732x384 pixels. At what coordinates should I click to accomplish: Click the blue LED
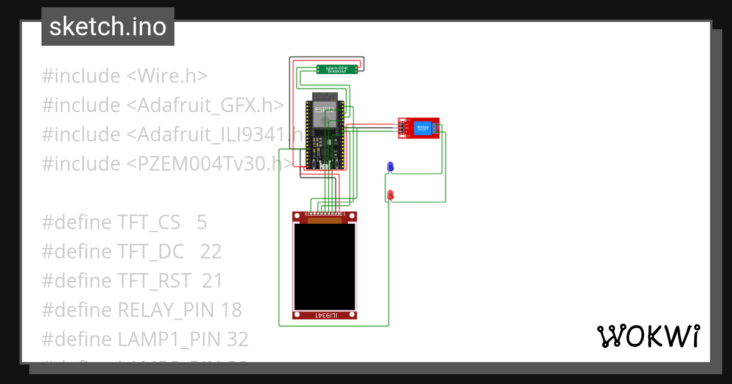coord(390,166)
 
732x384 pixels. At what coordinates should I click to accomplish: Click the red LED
coord(390,194)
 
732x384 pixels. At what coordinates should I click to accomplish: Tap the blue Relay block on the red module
coord(422,128)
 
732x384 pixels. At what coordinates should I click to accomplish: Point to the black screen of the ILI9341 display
coord(324,266)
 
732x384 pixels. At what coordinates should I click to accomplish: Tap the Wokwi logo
coord(647,336)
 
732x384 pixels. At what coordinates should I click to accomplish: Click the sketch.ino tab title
coord(108,27)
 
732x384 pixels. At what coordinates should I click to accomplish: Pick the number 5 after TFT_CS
coord(202,222)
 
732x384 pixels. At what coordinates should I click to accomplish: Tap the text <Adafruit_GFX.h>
coord(205,105)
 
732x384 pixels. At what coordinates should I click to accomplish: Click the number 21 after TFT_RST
coord(212,281)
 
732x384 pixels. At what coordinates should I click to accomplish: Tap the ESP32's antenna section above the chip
coord(325,97)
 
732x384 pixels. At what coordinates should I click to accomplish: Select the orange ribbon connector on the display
coord(325,220)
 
